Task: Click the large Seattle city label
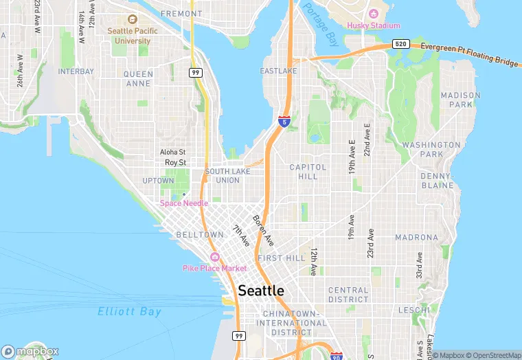(261, 291)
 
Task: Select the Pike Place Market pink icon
(214, 257)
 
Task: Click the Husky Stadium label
(373, 25)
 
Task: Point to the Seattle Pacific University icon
(133, 21)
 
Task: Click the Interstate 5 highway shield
(284, 121)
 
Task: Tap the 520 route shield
(401, 44)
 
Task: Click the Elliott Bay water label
(129, 311)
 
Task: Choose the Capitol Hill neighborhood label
(303, 172)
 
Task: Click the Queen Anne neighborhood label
(138, 79)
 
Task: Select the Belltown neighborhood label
(199, 234)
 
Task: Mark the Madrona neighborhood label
(416, 238)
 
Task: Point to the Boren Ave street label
(263, 231)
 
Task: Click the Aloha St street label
(172, 152)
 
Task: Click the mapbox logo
(30, 351)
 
